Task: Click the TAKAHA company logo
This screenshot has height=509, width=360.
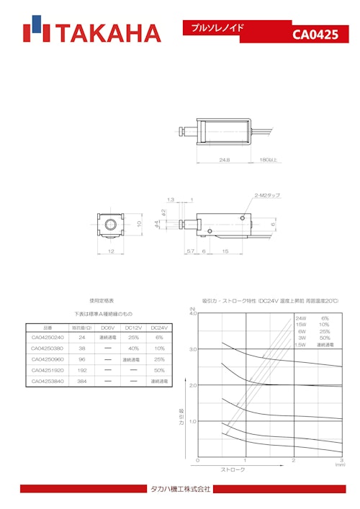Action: tap(91, 33)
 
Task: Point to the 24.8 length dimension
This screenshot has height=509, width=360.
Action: tap(225, 160)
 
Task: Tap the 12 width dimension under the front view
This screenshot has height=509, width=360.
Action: tap(110, 251)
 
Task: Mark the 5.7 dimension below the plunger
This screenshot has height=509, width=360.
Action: tap(189, 251)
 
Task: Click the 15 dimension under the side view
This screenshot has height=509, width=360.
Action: tap(225, 251)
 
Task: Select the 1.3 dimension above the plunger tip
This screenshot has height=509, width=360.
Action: tap(170, 199)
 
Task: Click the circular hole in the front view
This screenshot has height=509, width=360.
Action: tap(111, 224)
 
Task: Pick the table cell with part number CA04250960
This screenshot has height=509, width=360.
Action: tap(48, 359)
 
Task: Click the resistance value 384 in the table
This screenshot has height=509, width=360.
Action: tap(82, 381)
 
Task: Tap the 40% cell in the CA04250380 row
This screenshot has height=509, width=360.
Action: tap(133, 348)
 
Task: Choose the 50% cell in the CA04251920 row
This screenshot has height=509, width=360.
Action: tap(160, 370)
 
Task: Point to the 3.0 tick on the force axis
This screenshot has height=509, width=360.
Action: tap(192, 349)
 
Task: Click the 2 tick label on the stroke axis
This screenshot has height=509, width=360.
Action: tap(293, 461)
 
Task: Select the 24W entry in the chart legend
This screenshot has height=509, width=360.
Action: tap(300, 318)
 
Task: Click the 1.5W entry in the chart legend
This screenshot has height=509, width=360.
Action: tap(300, 345)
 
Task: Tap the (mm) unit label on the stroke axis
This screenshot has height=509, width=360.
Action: tap(340, 466)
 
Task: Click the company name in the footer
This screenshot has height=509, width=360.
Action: tap(179, 490)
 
